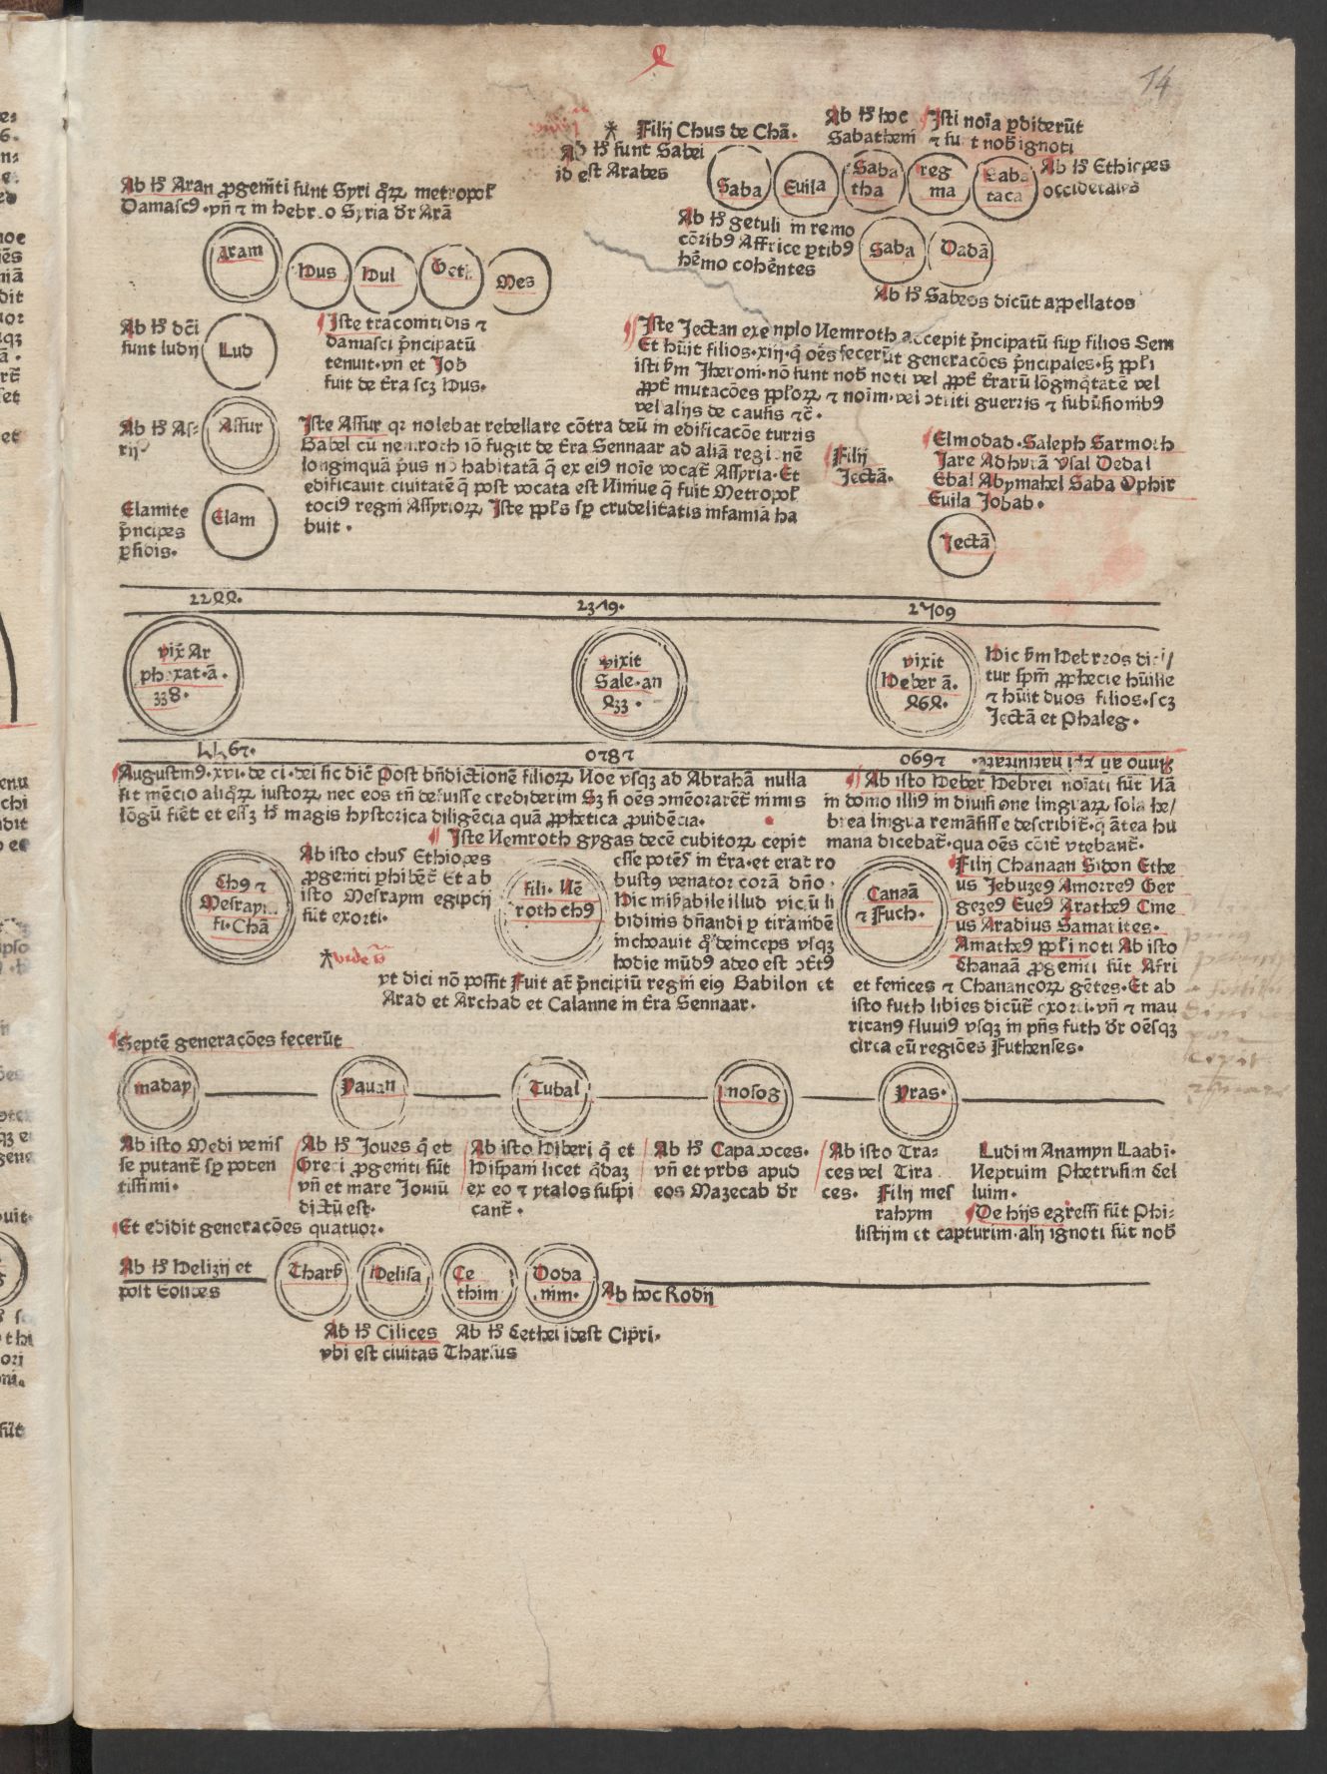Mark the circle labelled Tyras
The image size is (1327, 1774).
[x=920, y=1091]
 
